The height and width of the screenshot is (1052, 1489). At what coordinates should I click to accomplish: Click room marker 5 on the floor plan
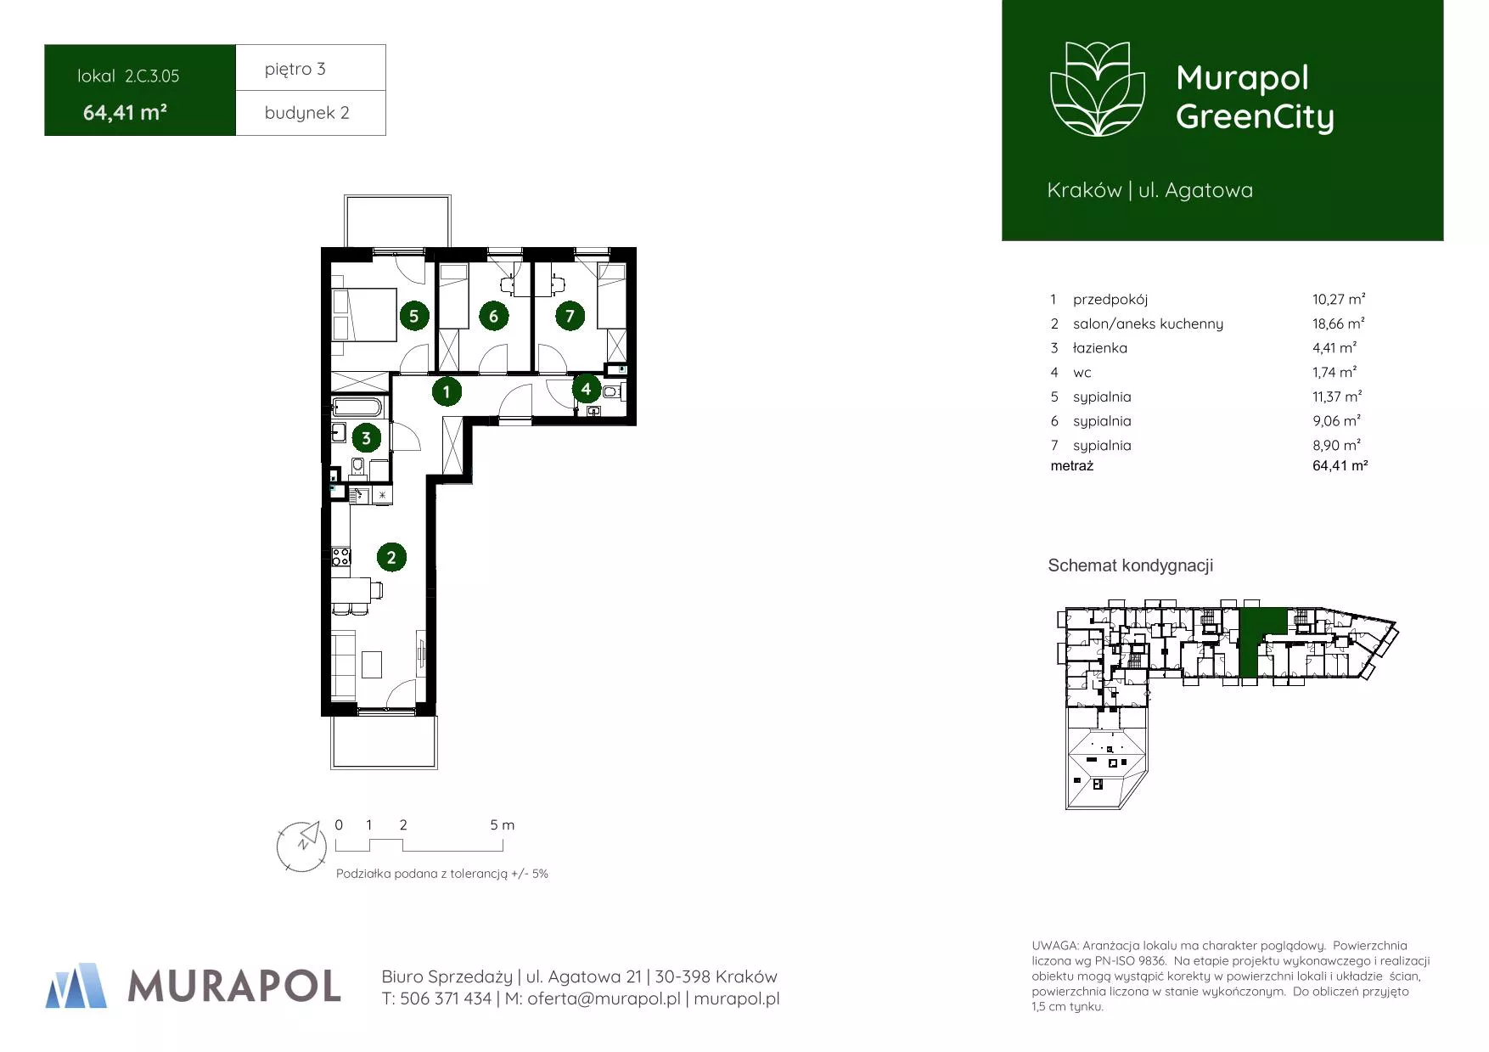(x=413, y=317)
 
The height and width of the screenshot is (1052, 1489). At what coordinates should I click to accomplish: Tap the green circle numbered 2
(x=391, y=558)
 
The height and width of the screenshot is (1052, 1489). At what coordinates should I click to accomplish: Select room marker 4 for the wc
(x=586, y=389)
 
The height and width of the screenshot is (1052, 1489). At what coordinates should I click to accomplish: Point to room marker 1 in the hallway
(x=447, y=392)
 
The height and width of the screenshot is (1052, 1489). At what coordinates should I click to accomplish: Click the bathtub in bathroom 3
(x=358, y=408)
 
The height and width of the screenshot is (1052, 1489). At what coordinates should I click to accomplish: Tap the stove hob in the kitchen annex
(x=341, y=557)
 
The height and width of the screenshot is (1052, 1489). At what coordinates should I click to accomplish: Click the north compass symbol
(x=302, y=846)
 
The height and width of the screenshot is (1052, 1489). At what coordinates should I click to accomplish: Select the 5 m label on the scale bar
(x=503, y=825)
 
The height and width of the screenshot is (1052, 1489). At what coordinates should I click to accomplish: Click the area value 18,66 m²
(x=1338, y=323)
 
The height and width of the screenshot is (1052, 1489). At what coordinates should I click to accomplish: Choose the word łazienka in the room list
(x=1100, y=348)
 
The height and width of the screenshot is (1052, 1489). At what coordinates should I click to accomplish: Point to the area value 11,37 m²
(x=1337, y=397)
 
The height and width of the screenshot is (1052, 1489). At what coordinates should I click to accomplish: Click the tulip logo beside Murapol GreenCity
(x=1098, y=89)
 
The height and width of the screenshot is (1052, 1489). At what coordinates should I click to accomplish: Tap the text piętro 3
(x=295, y=69)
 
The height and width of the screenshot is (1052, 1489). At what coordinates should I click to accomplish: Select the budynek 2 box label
(x=307, y=113)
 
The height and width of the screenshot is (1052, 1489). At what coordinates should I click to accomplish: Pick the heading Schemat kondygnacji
(x=1131, y=565)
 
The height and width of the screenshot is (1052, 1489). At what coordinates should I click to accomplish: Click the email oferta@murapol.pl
(x=604, y=999)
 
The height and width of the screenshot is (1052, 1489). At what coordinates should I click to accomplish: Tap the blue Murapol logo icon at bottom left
(x=76, y=986)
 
